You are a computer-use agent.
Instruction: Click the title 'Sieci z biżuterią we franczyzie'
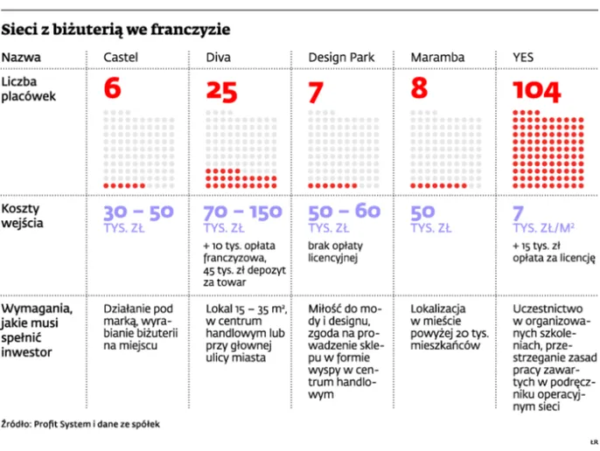point(115,30)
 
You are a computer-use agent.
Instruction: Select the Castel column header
point(121,58)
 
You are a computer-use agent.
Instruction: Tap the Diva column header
point(219,58)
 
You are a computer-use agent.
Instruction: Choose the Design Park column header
point(341,58)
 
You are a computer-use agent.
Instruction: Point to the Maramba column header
point(437,58)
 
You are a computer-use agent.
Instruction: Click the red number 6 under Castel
point(112,89)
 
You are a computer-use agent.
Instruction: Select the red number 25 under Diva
point(221,91)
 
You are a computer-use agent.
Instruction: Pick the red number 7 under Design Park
point(317,90)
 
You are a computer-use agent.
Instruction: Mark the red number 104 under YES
point(537,91)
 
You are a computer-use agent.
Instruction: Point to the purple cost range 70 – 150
point(242,212)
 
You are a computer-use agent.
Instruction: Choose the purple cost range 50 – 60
point(345,212)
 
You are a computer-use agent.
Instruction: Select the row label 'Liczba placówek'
point(28,89)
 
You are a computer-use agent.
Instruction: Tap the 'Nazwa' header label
point(20,58)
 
